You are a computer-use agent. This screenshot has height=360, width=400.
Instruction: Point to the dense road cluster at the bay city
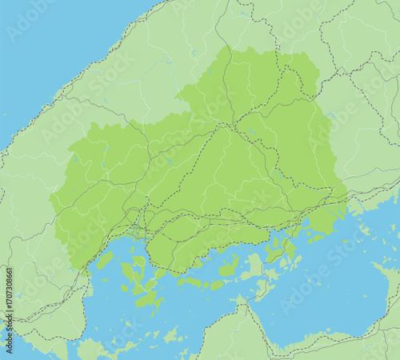tap(142, 222)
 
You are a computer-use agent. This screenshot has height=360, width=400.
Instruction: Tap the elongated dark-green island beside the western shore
tap(105, 260)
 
